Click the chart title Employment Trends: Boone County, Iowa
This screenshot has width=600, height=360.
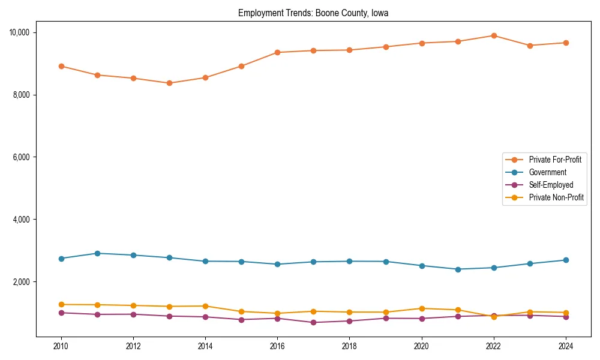pyautogui.click(x=313, y=13)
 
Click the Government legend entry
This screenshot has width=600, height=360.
pyautogui.click(x=547, y=172)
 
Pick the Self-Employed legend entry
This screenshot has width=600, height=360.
pyautogui.click(x=551, y=185)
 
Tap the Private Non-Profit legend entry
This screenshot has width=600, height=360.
pyautogui.click(x=556, y=197)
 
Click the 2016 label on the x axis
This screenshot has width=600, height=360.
pyautogui.click(x=277, y=346)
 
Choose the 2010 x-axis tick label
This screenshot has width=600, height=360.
pyautogui.click(x=61, y=346)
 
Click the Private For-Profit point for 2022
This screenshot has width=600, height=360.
pyautogui.click(x=494, y=35)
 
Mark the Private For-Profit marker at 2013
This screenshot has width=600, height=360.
pyautogui.click(x=169, y=83)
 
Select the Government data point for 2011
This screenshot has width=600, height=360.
pyautogui.click(x=97, y=253)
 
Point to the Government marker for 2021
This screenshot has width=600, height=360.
pyautogui.click(x=458, y=269)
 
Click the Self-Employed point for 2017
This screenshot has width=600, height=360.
pyautogui.click(x=313, y=323)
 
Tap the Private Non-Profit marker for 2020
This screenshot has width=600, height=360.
pyautogui.click(x=422, y=308)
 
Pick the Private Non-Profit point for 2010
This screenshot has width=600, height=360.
pyautogui.click(x=61, y=305)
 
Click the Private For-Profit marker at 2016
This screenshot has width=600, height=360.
pyautogui.click(x=277, y=52)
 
